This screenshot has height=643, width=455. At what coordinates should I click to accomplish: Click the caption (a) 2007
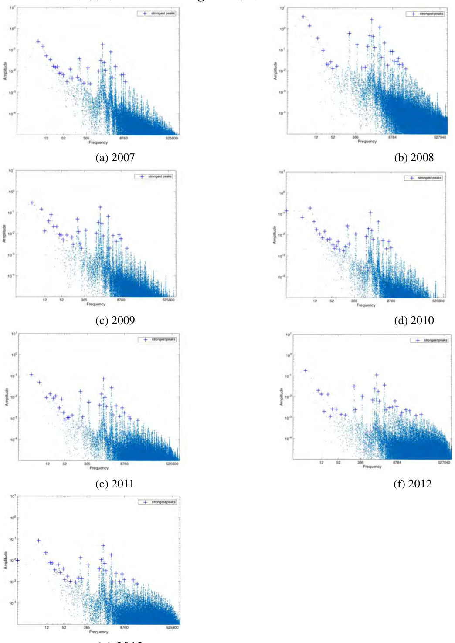click(115, 157)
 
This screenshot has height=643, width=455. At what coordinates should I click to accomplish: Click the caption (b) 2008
click(414, 157)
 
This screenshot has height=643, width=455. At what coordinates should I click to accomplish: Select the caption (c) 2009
click(115, 320)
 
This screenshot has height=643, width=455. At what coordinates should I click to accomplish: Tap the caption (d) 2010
click(414, 320)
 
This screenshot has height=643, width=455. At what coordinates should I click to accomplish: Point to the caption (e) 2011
click(115, 484)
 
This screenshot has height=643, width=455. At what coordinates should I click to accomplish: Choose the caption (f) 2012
click(412, 484)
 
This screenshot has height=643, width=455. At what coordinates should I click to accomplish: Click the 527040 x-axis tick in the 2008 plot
click(440, 137)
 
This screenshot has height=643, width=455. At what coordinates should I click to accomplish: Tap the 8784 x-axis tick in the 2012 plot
click(397, 462)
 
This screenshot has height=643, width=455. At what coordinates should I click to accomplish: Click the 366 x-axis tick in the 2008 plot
click(355, 137)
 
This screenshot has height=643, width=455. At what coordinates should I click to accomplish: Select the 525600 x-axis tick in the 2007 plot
click(172, 138)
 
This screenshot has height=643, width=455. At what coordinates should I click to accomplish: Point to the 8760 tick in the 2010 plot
click(391, 301)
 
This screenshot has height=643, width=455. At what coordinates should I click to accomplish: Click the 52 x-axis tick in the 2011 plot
click(65, 464)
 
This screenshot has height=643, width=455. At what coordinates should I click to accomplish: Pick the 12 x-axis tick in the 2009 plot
click(45, 300)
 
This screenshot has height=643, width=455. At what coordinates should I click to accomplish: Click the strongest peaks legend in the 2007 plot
click(157, 14)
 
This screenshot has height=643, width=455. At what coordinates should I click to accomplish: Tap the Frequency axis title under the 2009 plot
click(96, 304)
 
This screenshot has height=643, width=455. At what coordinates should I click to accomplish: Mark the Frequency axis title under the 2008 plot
click(367, 142)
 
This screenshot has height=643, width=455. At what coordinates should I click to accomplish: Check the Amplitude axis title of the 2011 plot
click(7, 396)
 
